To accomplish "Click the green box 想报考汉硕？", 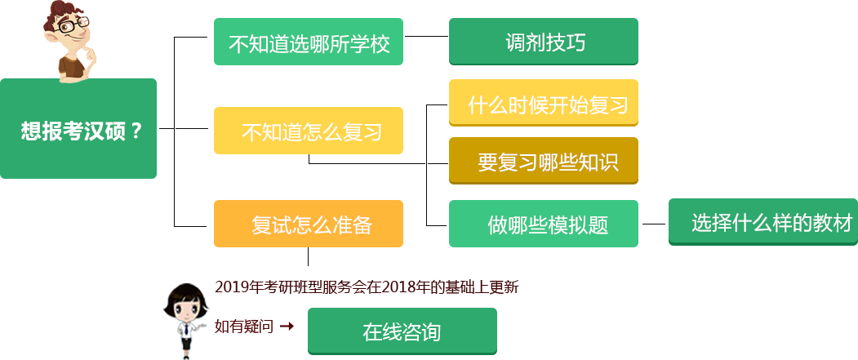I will tap(78, 129).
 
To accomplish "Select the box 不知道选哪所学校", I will tap(309, 42).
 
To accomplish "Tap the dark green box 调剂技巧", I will tap(543, 42).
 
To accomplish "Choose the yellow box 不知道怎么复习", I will tap(309, 131).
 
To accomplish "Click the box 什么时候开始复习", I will tap(543, 103).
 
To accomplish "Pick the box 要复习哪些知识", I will tap(543, 162).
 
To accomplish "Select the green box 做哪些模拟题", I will tap(543, 224).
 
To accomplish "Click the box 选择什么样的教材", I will tap(763, 222).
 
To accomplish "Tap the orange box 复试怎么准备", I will tap(309, 224).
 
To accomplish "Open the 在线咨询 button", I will tap(402, 331).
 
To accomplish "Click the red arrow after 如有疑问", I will tap(286, 327).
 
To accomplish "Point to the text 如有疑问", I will tap(243, 327).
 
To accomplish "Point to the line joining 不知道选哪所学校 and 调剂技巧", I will tap(426, 36).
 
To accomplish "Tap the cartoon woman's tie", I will tap(187, 334).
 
